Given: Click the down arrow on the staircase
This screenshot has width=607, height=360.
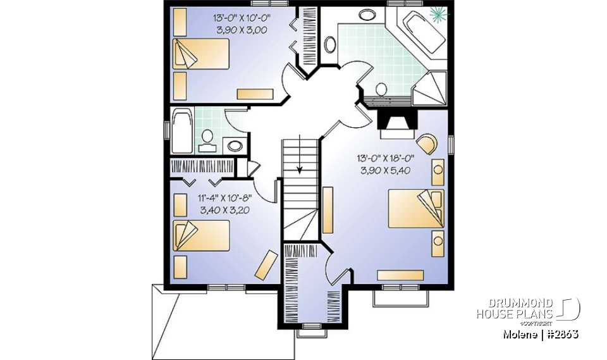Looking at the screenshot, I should (300, 168).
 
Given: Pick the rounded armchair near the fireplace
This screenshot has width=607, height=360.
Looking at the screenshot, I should (426, 144).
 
